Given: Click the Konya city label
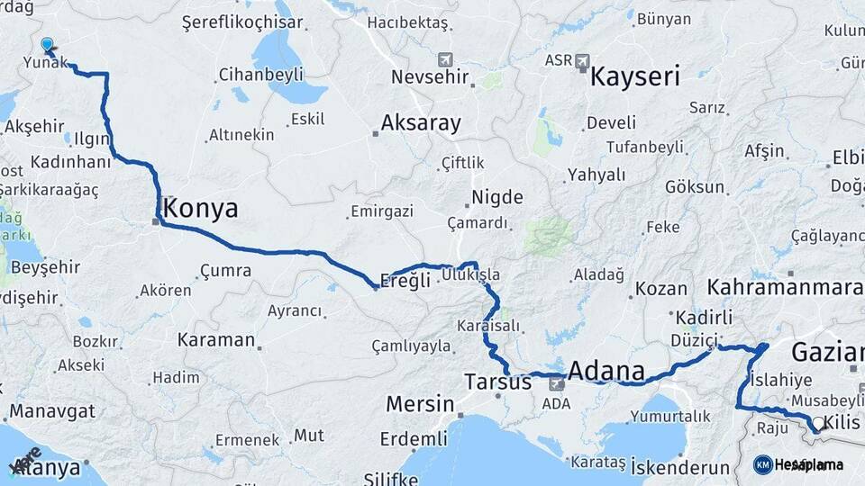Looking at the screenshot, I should coord(201,209).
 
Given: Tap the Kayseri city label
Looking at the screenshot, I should coord(634,76).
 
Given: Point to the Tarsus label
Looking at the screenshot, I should coord(497,382).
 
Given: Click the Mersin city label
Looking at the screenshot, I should coord(419,404).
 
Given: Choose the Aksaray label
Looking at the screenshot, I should coord(421,122).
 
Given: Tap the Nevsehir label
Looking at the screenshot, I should coord(431,76).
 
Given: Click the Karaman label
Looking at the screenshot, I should coord(216,340).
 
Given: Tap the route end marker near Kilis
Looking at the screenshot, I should coord(817,424).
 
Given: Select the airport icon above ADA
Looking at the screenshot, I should coord(556,384).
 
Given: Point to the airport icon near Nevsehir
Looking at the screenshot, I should coord(444,59).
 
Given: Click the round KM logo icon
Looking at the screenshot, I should coord(762,464).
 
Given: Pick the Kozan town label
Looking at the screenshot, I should coord(661,289).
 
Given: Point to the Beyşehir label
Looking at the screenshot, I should coord(46,267).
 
